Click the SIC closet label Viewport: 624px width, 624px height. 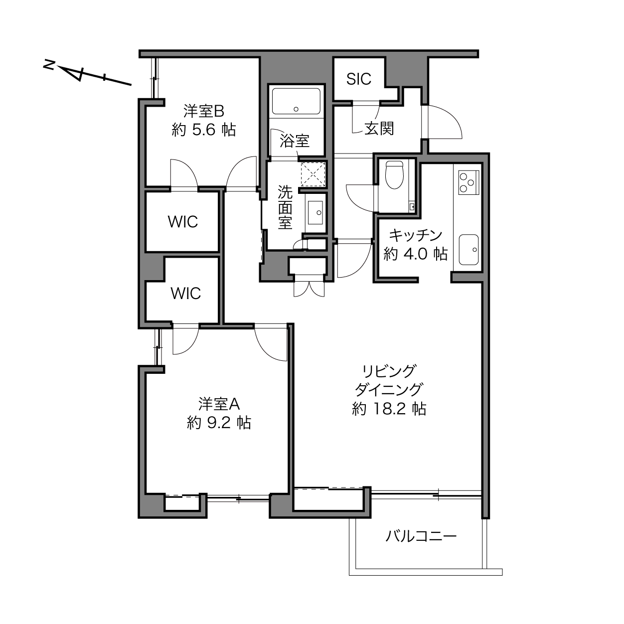[x=358, y=79]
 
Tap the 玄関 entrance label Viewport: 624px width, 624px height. [x=379, y=129]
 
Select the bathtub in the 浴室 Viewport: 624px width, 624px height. [x=296, y=101]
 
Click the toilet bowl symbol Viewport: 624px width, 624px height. [x=394, y=175]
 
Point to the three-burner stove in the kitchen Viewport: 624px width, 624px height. [x=468, y=183]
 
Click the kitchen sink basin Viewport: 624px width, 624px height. [x=468, y=249]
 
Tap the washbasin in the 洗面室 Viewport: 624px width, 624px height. [x=315, y=212]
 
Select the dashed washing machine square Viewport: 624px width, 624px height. [x=313, y=174]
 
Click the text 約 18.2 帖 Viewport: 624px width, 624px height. [x=389, y=409]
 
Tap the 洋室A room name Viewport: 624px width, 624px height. [x=219, y=404]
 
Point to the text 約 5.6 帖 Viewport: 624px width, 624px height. [x=204, y=130]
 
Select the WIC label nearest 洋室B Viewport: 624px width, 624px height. [x=182, y=222]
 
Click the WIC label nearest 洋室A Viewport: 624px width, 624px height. [x=185, y=294]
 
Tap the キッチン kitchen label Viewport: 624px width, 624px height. [x=416, y=235]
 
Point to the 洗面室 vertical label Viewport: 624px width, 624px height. [x=285, y=207]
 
